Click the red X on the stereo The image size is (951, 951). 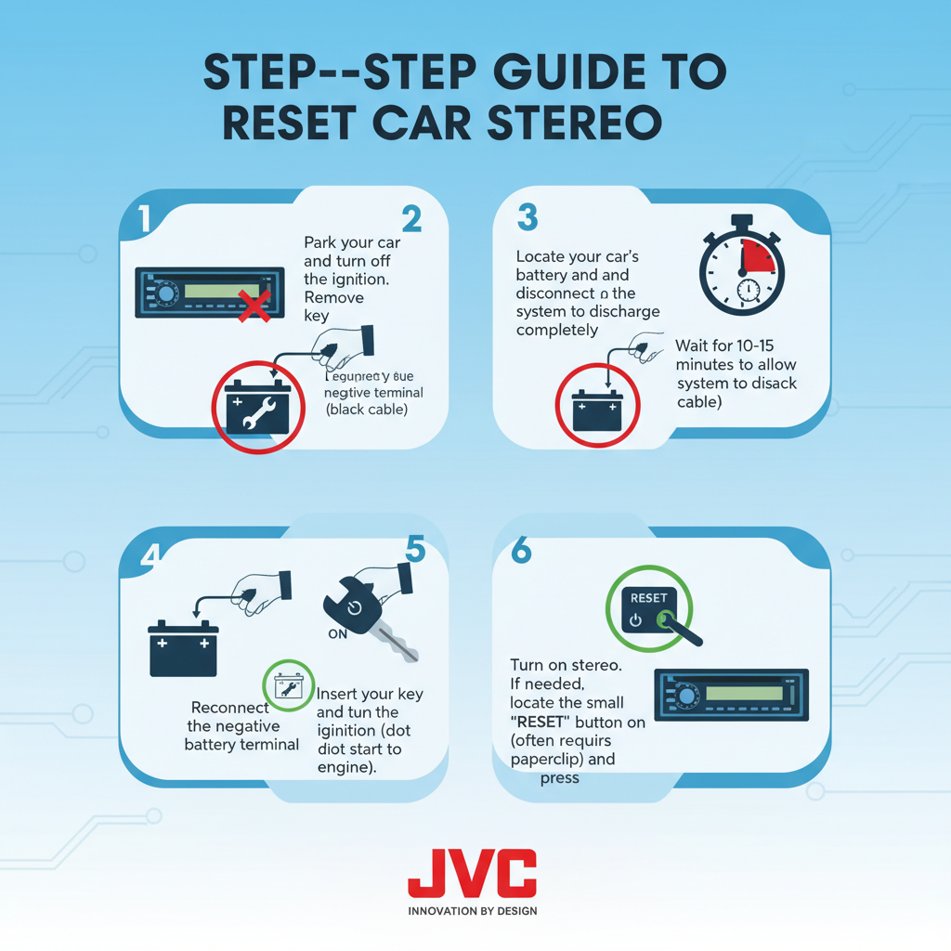tap(254, 305)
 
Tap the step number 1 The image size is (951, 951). tap(144, 219)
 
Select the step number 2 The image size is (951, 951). tap(411, 219)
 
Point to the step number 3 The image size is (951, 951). tap(528, 218)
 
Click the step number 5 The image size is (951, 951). tap(415, 550)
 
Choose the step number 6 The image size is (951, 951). tap(521, 551)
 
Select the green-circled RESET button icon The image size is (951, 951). tap(649, 608)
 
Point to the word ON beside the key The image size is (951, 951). tap(338, 636)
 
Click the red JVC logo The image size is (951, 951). tap(472, 873)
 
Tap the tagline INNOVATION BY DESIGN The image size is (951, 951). tap(472, 911)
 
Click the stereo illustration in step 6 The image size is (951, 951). tap(731, 695)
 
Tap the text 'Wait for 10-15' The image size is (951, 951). tap(724, 346)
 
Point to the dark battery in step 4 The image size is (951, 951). tap(183, 649)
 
